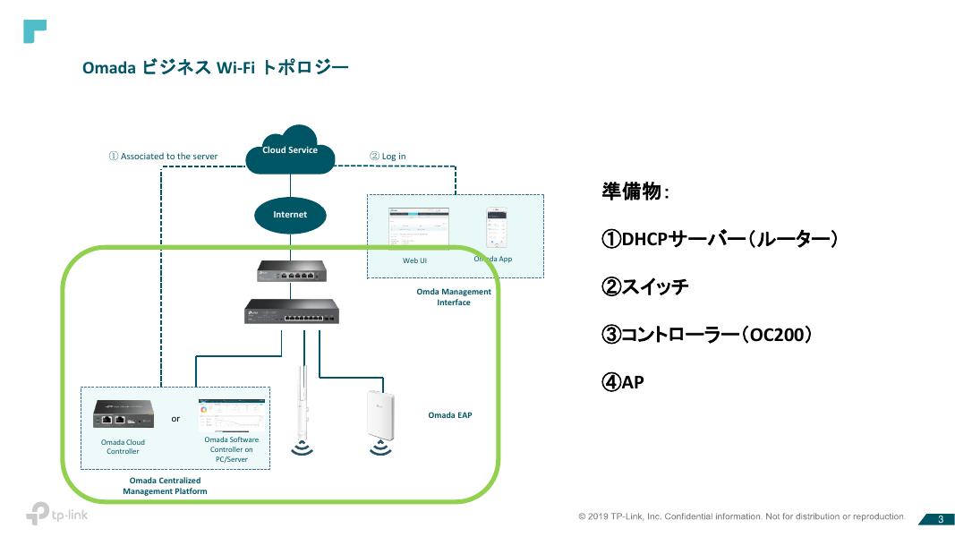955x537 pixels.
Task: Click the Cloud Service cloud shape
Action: pyautogui.click(x=290, y=150)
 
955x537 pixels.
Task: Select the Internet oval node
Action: pyautogui.click(x=290, y=215)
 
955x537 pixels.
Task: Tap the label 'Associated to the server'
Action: pyautogui.click(x=163, y=157)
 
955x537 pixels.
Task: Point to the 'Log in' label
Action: pyautogui.click(x=388, y=157)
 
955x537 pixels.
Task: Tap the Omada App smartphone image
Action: pyautogui.click(x=497, y=229)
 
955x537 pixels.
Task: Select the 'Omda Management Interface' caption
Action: pyautogui.click(x=454, y=297)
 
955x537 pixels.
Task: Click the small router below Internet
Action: pyautogui.click(x=290, y=269)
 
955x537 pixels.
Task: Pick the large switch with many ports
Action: pyautogui.click(x=291, y=311)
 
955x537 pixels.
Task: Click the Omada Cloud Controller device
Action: pyautogui.click(x=124, y=413)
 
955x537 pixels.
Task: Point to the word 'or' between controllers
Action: pyautogui.click(x=175, y=418)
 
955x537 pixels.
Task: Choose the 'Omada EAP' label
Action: pyautogui.click(x=450, y=415)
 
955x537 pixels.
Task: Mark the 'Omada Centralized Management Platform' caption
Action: pyautogui.click(x=165, y=486)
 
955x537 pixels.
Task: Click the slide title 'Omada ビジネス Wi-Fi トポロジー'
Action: pyautogui.click(x=215, y=68)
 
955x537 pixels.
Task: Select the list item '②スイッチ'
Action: pyautogui.click(x=645, y=287)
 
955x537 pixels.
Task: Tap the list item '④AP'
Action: pyautogui.click(x=623, y=382)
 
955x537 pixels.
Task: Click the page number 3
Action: pyautogui.click(x=941, y=519)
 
